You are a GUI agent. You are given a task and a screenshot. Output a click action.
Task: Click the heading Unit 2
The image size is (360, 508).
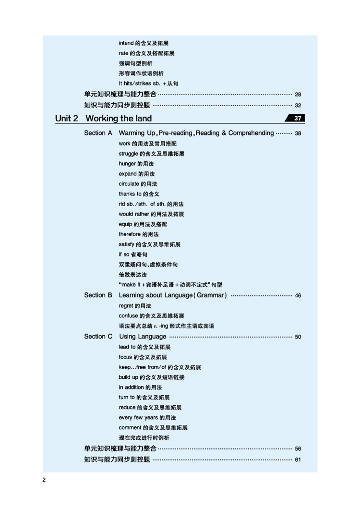[66, 119]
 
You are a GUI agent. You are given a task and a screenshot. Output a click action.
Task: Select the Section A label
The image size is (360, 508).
[98, 133]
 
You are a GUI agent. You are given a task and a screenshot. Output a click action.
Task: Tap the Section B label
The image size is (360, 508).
[98, 295]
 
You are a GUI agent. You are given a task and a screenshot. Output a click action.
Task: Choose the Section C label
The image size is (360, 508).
[98, 337]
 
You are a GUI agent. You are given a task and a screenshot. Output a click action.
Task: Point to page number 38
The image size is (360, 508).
[298, 133]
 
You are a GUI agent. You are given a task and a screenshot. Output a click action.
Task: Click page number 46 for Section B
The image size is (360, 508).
[298, 296]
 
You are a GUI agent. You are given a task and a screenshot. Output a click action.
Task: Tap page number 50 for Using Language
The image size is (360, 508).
[298, 337]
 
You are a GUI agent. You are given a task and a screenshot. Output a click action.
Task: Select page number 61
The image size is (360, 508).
[298, 460]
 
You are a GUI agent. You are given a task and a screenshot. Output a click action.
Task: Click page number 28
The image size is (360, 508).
[298, 95]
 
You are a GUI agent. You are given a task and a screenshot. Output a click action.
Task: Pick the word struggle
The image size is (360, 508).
[129, 154]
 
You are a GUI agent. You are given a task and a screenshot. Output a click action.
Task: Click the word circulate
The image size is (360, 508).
[129, 184]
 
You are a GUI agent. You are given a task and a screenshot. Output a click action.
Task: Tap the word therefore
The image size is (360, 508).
[130, 234]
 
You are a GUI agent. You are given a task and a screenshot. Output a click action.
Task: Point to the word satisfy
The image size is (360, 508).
[127, 244]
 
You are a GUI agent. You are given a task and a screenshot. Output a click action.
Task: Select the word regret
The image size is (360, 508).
[126, 306]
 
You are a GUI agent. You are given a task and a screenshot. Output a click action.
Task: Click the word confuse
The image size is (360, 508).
[128, 316]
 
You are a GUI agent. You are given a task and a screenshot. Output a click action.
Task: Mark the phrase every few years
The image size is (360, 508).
[138, 418]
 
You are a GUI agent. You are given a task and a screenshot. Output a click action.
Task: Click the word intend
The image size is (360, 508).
[126, 43]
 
